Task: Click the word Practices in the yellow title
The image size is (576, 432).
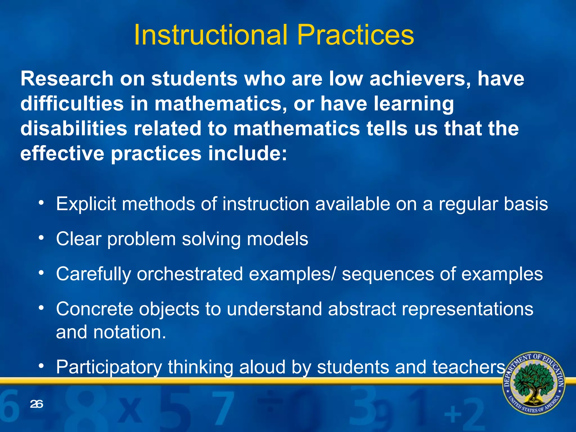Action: [355, 35]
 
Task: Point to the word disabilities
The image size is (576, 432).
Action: [74, 128]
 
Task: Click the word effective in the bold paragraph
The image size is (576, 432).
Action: [62, 154]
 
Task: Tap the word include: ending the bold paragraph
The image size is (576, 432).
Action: [247, 154]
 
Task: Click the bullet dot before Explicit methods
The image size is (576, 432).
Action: [41, 202]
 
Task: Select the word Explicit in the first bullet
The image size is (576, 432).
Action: [86, 204]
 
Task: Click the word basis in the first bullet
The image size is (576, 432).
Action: [526, 204]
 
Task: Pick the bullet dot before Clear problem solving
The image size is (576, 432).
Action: [41, 238]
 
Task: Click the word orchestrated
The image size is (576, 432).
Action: [190, 274]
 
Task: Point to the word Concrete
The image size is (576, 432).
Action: [94, 309]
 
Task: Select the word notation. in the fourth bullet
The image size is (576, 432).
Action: [130, 332]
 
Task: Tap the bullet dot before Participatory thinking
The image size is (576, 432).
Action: [41, 366]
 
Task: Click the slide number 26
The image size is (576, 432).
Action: [37, 404]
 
